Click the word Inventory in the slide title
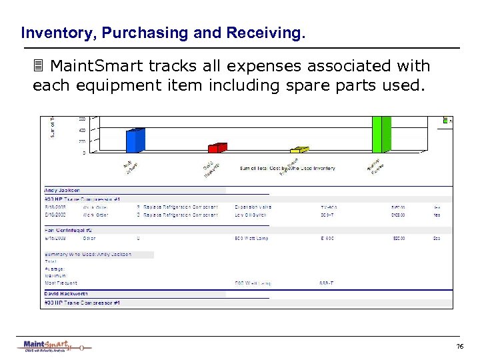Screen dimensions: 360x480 click(49, 32)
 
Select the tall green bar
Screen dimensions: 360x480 click(381, 134)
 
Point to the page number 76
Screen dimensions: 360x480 click(459, 347)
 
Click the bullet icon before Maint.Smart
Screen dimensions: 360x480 click(39, 67)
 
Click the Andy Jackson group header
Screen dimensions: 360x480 click(63, 190)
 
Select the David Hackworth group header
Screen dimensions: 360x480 click(67, 293)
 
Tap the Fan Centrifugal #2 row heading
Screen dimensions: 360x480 click(67, 229)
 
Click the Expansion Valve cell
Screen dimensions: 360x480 click(253, 207)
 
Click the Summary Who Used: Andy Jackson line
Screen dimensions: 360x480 click(88, 254)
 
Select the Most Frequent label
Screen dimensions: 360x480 click(61, 283)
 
